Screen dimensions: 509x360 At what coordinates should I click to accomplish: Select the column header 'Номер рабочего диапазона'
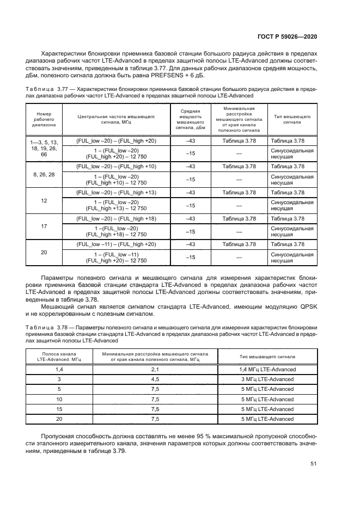pos(44,119)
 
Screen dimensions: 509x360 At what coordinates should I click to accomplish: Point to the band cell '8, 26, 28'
pos(44,174)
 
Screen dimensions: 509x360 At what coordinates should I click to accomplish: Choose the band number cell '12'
pos(44,200)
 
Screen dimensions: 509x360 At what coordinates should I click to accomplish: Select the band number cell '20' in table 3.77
pos(44,252)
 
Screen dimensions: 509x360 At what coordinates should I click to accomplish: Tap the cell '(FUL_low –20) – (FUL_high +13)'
pos(116,192)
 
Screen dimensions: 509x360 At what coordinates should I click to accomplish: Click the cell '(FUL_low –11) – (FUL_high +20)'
pos(116,244)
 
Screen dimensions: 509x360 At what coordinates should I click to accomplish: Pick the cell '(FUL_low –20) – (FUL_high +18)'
pos(116,218)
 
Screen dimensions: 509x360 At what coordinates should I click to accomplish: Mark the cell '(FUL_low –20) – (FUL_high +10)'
pos(116,166)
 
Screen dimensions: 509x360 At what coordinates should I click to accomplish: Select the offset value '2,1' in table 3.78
pos(155,369)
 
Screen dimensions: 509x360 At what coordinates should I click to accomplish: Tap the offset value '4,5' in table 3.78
pos(155,379)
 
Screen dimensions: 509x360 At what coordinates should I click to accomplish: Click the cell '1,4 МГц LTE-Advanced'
pos(267,369)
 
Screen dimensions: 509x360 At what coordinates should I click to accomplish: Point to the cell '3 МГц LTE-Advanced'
pos(267,379)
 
